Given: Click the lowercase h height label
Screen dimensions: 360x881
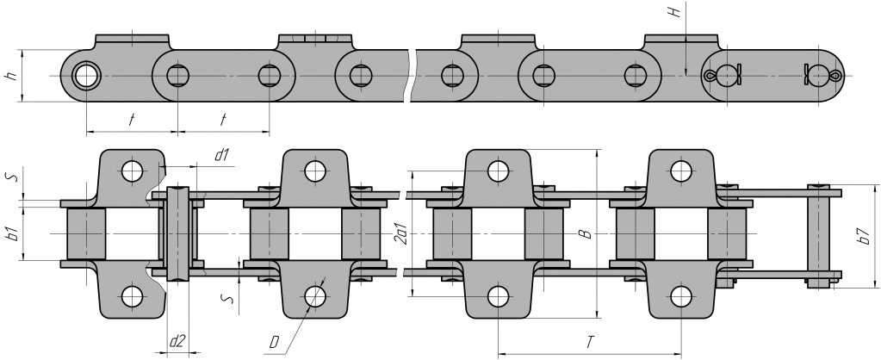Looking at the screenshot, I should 10,76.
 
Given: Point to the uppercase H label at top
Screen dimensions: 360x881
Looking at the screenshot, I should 679,13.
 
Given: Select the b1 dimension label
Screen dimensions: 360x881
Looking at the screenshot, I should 10,232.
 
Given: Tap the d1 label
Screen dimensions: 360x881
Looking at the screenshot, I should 220,155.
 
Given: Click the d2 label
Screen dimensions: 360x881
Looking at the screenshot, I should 177,341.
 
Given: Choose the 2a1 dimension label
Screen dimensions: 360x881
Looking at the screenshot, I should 400,231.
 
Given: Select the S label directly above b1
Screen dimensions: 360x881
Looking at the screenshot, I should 10,176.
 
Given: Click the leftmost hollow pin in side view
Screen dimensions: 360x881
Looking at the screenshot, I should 86,76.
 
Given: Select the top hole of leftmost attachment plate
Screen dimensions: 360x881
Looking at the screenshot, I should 132,170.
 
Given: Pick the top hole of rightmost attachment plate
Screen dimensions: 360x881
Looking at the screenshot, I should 680,170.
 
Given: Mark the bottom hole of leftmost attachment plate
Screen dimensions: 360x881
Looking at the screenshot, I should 132,296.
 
